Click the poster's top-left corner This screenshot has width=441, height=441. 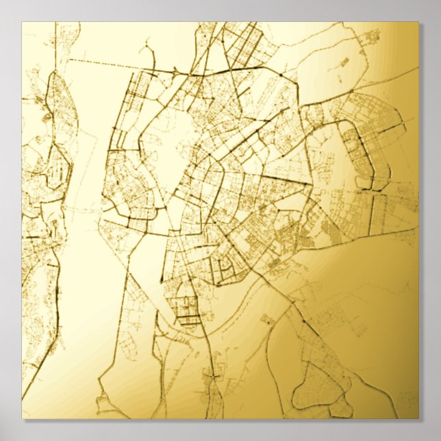(x=22, y=22)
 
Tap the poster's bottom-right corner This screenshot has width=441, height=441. (x=418, y=418)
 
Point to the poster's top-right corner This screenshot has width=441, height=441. (x=418, y=22)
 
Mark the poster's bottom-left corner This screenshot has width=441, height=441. (x=22, y=418)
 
